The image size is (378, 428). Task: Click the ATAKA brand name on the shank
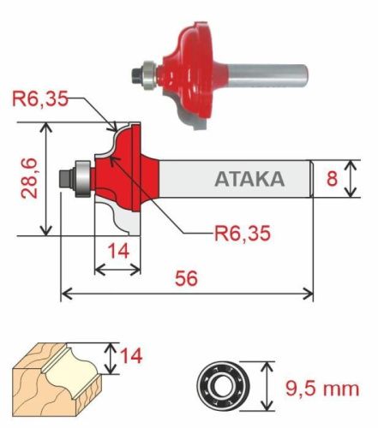tap(249, 180)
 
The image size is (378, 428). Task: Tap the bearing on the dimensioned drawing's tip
tap(75, 177)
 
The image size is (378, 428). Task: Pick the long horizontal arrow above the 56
tap(187, 294)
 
